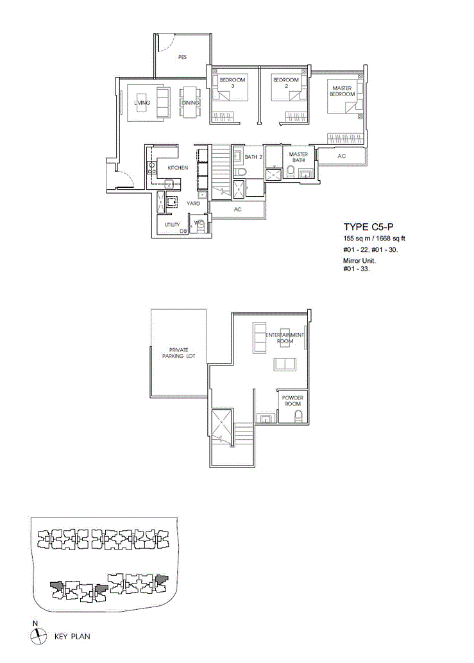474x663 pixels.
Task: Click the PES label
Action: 182,56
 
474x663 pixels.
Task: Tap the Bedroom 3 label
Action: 233,83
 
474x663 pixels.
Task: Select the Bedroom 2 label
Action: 286,83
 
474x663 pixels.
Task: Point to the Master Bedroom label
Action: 342,91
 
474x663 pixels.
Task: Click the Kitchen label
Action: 178,168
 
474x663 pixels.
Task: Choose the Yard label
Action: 193,203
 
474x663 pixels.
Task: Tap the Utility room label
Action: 172,224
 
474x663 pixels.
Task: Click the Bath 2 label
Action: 254,157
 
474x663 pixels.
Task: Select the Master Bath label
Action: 298,157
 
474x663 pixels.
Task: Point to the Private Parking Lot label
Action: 179,353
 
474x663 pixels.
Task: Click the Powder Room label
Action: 292,401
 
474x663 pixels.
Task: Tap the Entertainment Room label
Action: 285,338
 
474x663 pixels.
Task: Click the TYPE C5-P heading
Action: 369,227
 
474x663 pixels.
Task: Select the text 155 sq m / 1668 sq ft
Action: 374,239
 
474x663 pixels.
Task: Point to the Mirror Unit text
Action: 359,260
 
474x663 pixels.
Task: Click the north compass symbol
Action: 38,635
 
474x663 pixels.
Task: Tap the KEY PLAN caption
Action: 72,636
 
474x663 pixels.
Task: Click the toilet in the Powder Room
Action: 298,415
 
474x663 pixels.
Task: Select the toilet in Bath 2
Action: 240,172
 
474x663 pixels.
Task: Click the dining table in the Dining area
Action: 189,102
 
